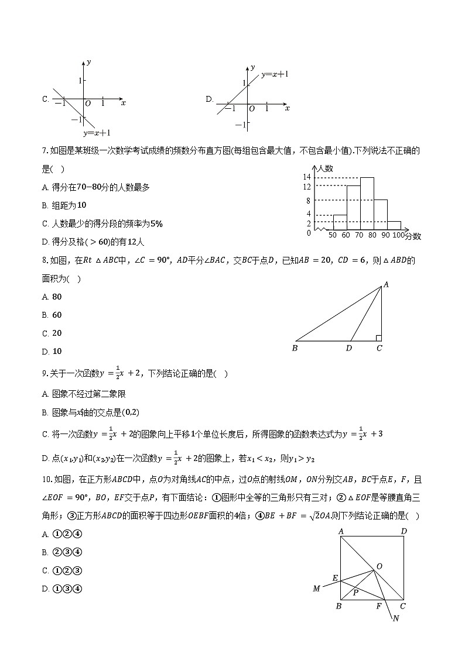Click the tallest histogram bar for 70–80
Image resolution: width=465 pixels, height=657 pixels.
pyautogui.click(x=367, y=204)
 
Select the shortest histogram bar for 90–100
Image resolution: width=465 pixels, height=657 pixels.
pyautogui.click(x=394, y=226)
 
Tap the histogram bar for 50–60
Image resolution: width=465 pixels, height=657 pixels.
pyautogui.click(x=340, y=222)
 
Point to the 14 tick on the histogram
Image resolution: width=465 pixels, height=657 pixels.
pyautogui.click(x=306, y=177)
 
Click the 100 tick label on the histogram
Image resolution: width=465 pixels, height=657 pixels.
pyautogui.click(x=398, y=235)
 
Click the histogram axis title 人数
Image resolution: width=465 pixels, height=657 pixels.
pyautogui.click(x=325, y=168)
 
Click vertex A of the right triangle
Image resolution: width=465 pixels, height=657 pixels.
pyautogui.click(x=386, y=285)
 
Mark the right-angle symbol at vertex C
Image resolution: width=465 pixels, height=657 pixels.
pyautogui.click(x=379, y=338)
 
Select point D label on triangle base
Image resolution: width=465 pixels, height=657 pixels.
pyautogui.click(x=349, y=349)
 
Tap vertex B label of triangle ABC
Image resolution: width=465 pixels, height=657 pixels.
pyautogui.click(x=295, y=349)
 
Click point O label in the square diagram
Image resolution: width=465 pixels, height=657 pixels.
pyautogui.click(x=379, y=566)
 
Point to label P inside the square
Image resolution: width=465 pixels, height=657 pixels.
pyautogui.click(x=355, y=593)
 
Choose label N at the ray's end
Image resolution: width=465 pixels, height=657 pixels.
pyautogui.click(x=396, y=619)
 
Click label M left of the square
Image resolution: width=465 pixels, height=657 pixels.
pyautogui.click(x=317, y=589)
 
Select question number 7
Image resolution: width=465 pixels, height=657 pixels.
pyautogui.click(x=45, y=151)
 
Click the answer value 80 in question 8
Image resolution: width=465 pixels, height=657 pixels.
pyautogui.click(x=57, y=297)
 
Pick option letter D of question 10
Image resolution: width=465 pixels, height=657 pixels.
pyautogui.click(x=45, y=589)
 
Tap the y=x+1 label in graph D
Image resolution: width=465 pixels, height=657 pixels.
pyautogui.click(x=275, y=75)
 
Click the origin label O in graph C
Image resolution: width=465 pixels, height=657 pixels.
pyautogui.click(x=87, y=104)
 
